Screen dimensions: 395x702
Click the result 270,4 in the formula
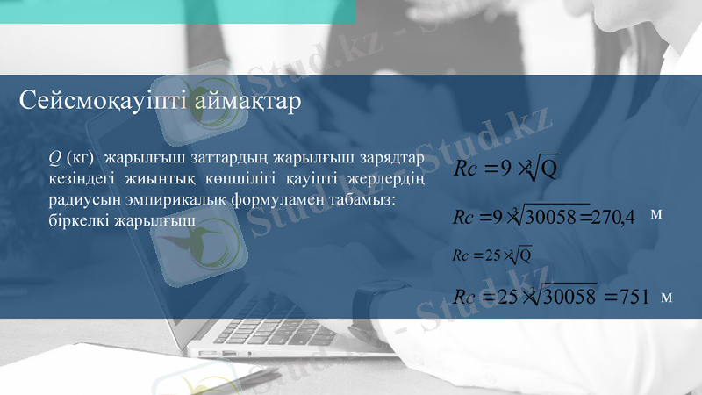click(612, 217)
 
